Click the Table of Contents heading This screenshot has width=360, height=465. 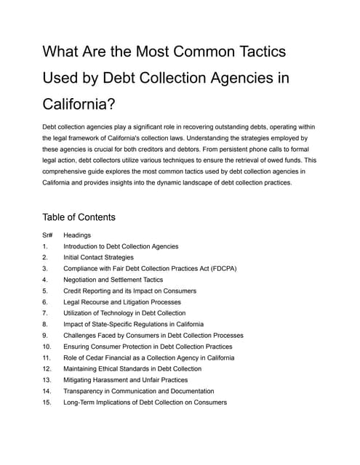click(79, 217)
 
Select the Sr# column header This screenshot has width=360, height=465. click(48, 235)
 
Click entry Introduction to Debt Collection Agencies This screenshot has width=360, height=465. click(121, 246)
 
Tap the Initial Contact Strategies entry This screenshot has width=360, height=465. click(98, 257)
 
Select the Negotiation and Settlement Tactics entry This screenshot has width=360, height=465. click(113, 280)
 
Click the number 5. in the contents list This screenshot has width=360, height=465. click(45, 291)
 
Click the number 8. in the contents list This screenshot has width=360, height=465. click(45, 324)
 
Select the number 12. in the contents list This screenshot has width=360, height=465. click(47, 369)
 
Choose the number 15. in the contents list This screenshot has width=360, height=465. click(47, 403)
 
